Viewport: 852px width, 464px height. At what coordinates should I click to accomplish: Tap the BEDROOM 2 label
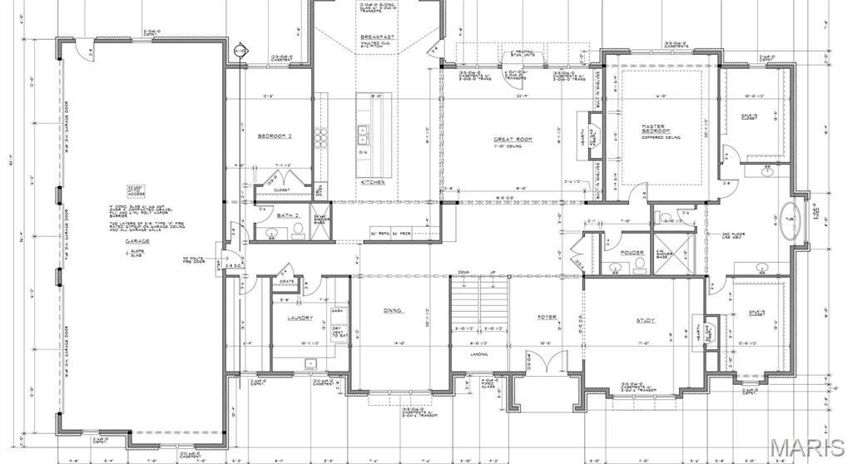click(273, 136)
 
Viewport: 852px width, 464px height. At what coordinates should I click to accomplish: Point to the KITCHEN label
click(371, 181)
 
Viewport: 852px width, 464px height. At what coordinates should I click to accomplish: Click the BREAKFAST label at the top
click(377, 38)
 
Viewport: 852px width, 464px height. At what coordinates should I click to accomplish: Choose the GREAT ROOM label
click(513, 139)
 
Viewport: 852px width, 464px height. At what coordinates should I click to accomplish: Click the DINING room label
click(393, 310)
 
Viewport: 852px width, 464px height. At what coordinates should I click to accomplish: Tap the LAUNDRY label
click(300, 318)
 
